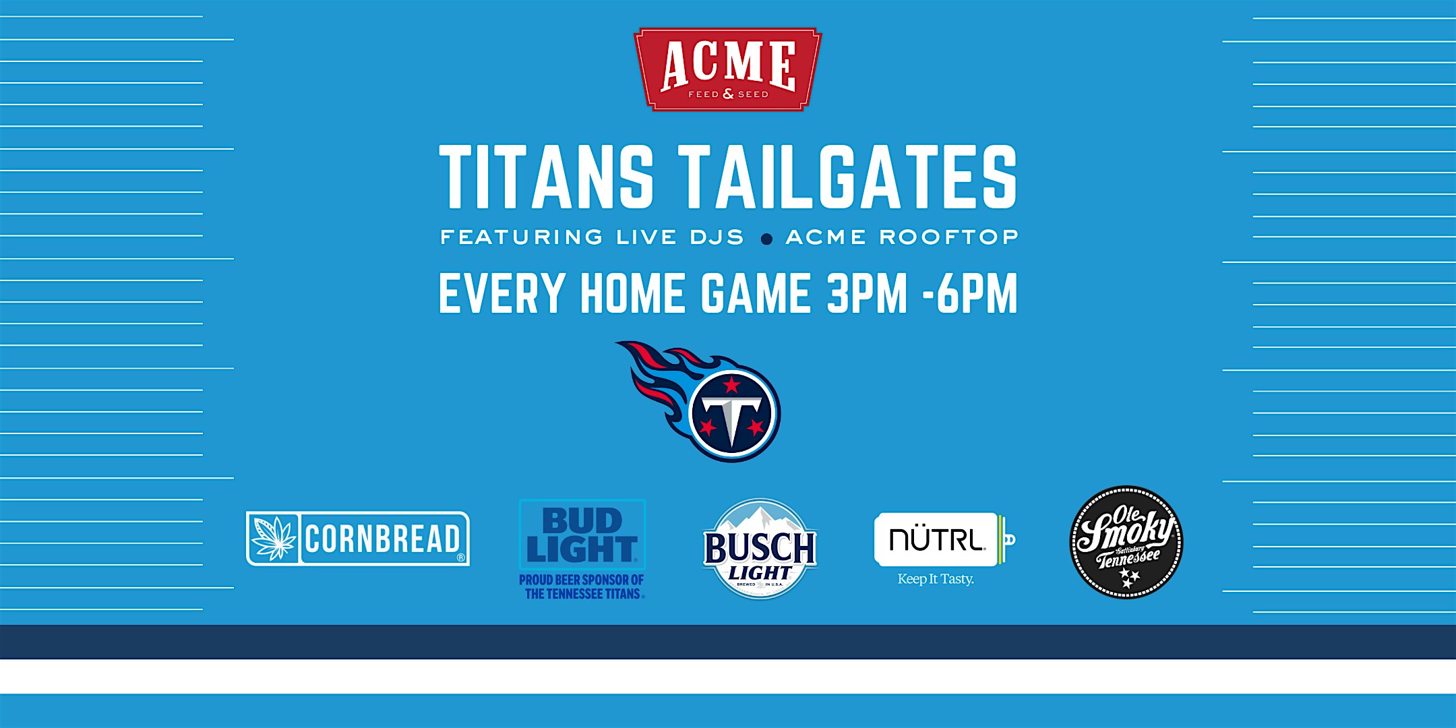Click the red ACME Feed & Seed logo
pyautogui.click(x=728, y=69)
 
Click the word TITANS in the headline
pyautogui.click(x=547, y=177)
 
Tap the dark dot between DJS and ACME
pyautogui.click(x=766, y=239)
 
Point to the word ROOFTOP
pyautogui.click(x=948, y=237)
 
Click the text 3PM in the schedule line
pyautogui.click(x=868, y=293)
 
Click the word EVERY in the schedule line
pyautogui.click(x=502, y=293)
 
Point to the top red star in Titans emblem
pyautogui.click(x=731, y=386)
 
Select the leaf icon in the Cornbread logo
pyautogui.click(x=273, y=539)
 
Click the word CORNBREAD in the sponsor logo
pyautogui.click(x=382, y=539)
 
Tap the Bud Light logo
pyautogui.click(x=582, y=535)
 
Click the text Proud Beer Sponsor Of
pyautogui.click(x=581, y=580)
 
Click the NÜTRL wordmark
pyautogui.click(x=936, y=539)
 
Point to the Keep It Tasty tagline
pyautogui.click(x=936, y=579)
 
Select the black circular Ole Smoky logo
pyautogui.click(x=1126, y=542)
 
